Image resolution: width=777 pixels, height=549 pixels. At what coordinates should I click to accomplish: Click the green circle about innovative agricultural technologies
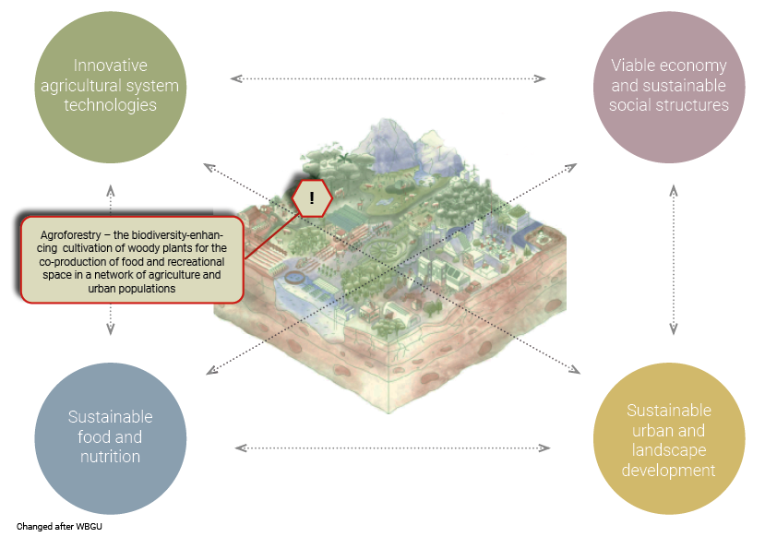click(x=111, y=88)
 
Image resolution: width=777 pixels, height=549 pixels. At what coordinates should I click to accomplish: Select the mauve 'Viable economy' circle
click(x=669, y=88)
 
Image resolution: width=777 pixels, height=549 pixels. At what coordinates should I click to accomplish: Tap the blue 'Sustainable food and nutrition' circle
click(x=111, y=438)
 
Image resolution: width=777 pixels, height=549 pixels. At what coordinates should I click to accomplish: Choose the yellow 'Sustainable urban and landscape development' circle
click(x=669, y=438)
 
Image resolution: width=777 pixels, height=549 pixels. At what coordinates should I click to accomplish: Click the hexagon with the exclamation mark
click(x=312, y=198)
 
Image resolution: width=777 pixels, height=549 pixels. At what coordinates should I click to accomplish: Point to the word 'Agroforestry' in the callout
click(x=71, y=235)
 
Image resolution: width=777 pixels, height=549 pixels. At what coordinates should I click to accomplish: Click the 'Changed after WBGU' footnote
click(x=59, y=526)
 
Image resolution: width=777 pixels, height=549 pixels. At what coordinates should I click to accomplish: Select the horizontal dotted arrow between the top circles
click(x=388, y=78)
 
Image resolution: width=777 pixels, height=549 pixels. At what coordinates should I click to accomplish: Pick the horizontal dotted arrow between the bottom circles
click(x=392, y=448)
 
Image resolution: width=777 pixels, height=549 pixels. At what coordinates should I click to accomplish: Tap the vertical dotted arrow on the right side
click(x=674, y=259)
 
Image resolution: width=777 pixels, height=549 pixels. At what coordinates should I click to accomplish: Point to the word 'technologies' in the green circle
click(x=111, y=105)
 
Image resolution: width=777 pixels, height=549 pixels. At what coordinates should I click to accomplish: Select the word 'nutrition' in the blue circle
click(x=111, y=457)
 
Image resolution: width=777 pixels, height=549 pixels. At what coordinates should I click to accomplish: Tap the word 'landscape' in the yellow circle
click(x=669, y=450)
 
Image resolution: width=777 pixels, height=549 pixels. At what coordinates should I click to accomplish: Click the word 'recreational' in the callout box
click(x=195, y=262)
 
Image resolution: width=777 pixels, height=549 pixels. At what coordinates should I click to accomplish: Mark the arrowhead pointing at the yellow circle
click(x=575, y=369)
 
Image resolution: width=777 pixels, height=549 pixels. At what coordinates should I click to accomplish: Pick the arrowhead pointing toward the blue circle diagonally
click(x=211, y=370)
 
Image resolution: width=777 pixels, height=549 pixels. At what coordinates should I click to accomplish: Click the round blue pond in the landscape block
click(x=296, y=277)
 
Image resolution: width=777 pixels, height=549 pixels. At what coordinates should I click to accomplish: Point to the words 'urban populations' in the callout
click(x=132, y=289)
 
